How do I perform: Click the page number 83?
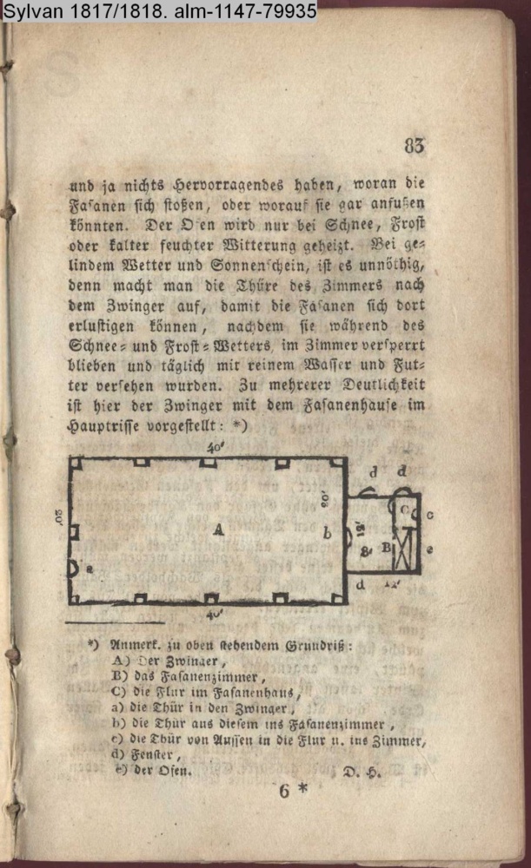[x=415, y=146]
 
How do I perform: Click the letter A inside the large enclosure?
[x=218, y=532]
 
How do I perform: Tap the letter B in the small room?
[x=385, y=548]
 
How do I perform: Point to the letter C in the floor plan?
[x=404, y=507]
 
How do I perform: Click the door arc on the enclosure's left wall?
[x=75, y=569]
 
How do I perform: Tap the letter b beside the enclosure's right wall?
[x=328, y=534]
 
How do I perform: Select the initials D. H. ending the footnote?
[x=357, y=771]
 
